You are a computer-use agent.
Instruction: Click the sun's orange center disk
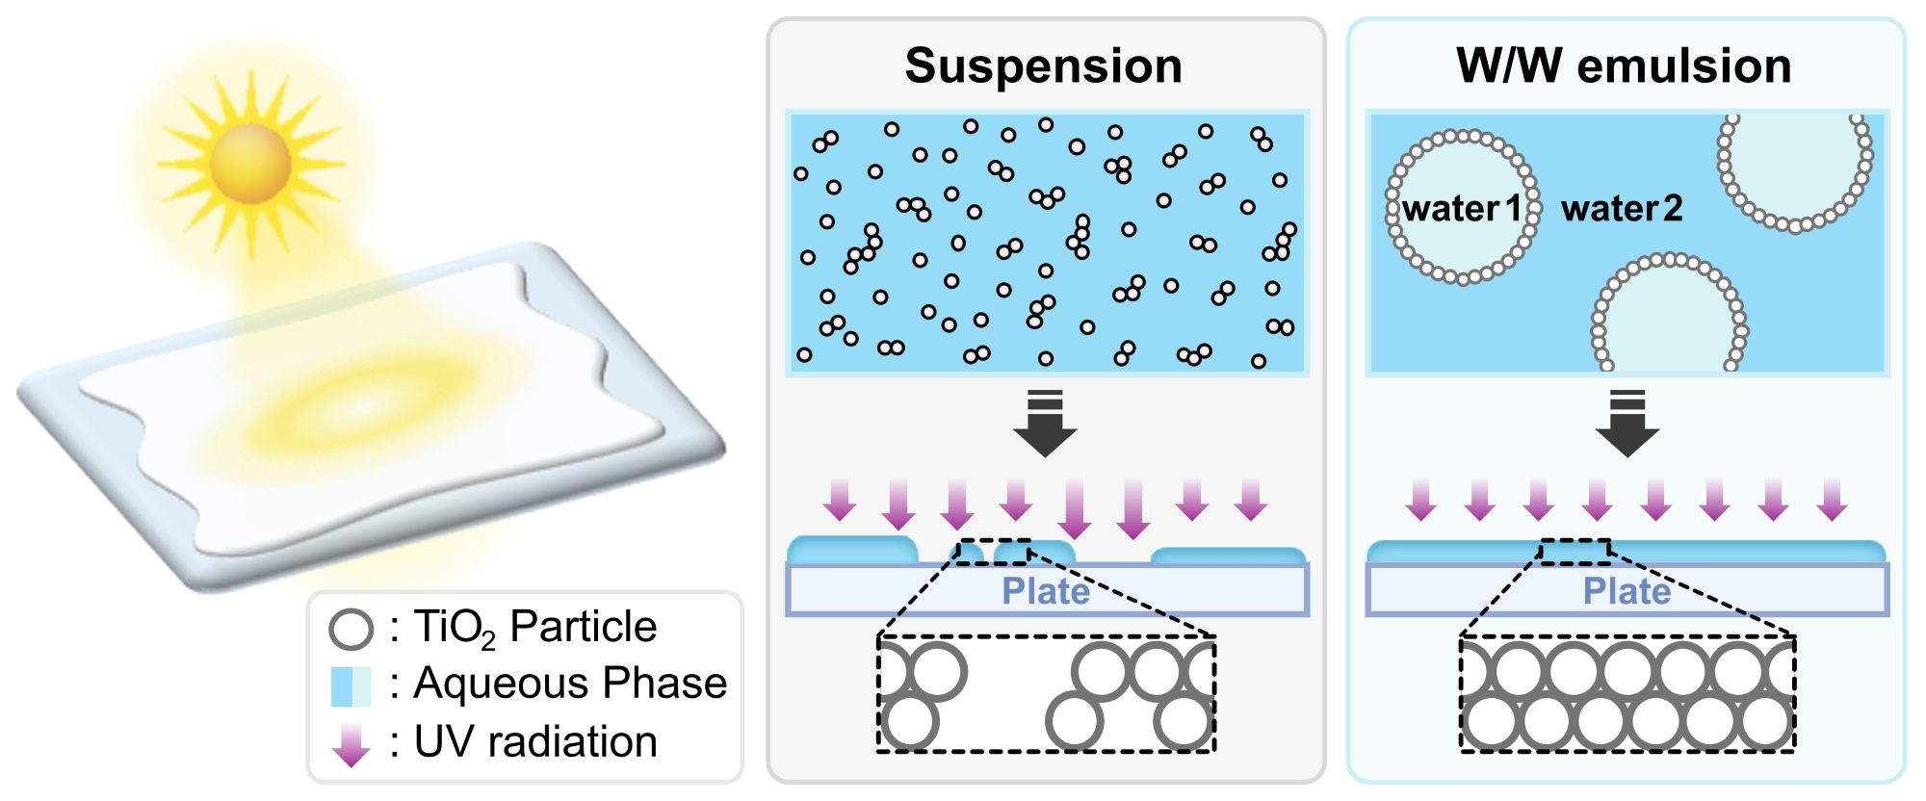click(250, 162)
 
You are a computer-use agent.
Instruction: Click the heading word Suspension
click(1044, 66)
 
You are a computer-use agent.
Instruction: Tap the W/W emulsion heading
click(1624, 66)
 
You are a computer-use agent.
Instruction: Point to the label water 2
click(1622, 208)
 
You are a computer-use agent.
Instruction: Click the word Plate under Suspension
click(1046, 591)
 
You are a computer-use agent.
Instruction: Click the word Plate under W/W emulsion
click(1627, 591)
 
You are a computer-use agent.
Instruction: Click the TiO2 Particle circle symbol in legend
click(351, 629)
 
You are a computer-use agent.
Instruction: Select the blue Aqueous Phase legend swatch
click(351, 686)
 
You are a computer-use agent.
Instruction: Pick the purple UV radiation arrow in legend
click(351, 744)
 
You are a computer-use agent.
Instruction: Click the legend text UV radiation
click(535, 742)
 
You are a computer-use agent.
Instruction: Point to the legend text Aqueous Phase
click(570, 684)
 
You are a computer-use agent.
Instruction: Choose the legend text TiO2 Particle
click(535, 627)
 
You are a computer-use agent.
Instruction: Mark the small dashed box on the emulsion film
click(1575, 551)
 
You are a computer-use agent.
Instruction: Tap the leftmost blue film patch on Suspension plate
click(852, 550)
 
